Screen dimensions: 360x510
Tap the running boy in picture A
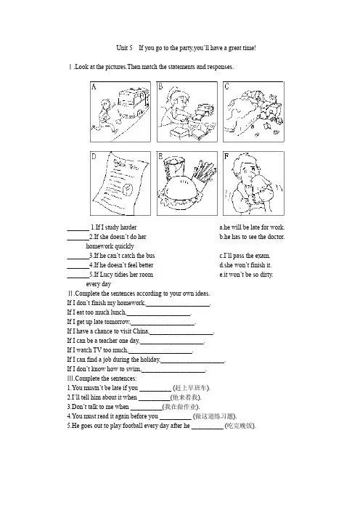(105, 116)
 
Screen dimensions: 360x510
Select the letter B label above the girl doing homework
(160, 86)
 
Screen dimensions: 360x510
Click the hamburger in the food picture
(180, 195)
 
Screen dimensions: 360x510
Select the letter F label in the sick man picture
(226, 156)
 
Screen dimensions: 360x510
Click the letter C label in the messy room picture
(226, 86)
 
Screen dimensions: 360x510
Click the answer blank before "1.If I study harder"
(78, 230)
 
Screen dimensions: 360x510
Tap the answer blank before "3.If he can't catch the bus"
(78, 258)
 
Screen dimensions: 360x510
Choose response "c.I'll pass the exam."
(245, 256)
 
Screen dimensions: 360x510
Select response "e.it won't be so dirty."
(246, 275)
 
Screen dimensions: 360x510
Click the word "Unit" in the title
(121, 48)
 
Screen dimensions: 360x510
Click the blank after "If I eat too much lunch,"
(158, 315)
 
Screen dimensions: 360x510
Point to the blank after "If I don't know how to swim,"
(173, 371)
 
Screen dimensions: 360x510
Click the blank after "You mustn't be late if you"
(155, 390)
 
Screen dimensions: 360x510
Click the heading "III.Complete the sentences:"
(102, 379)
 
